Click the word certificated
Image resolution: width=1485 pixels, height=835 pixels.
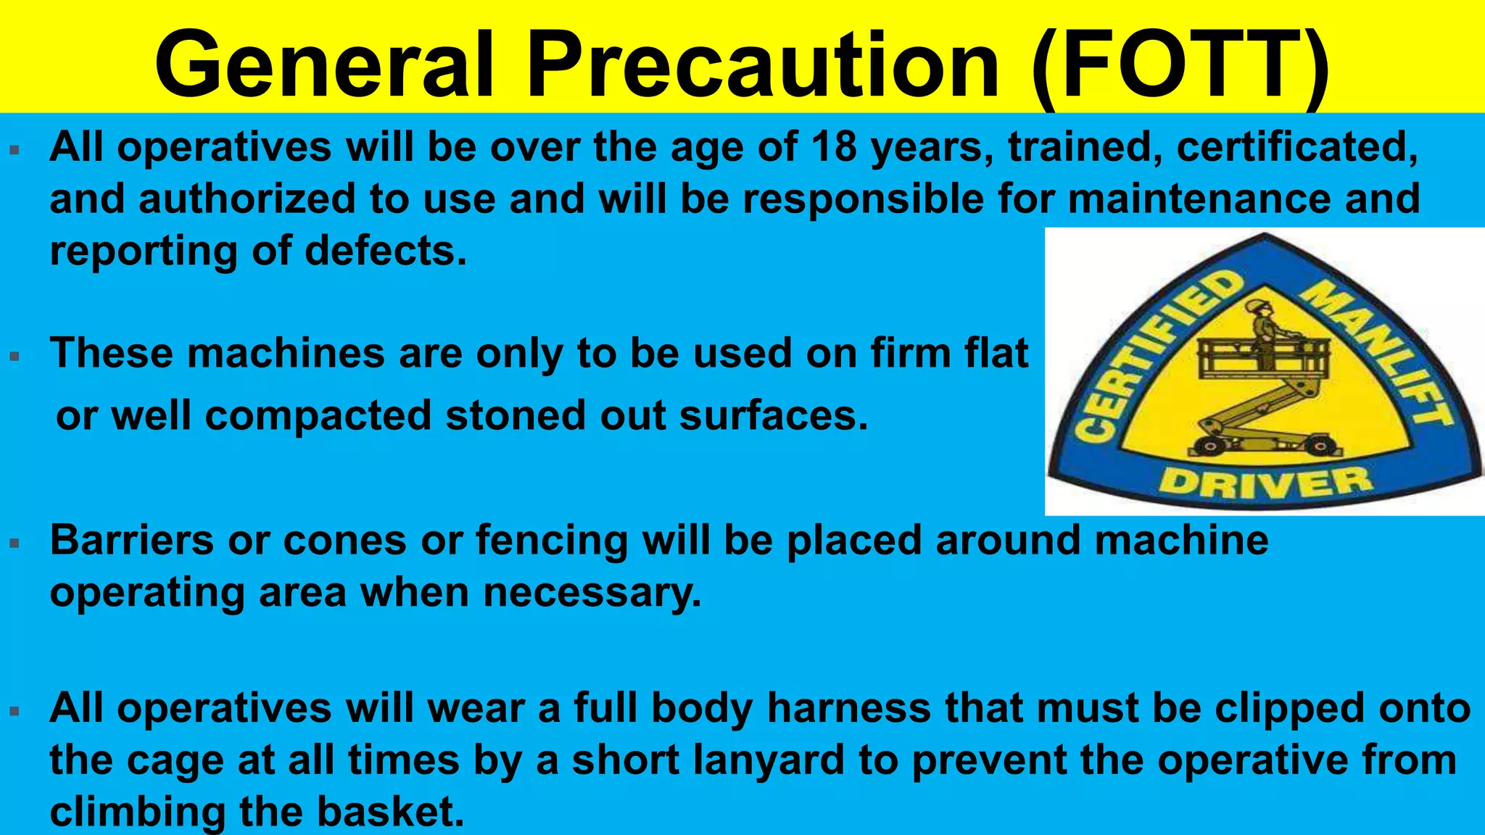point(1296,147)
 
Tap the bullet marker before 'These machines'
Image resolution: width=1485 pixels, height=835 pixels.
point(14,356)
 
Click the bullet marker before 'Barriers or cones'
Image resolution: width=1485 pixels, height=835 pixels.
point(14,543)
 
